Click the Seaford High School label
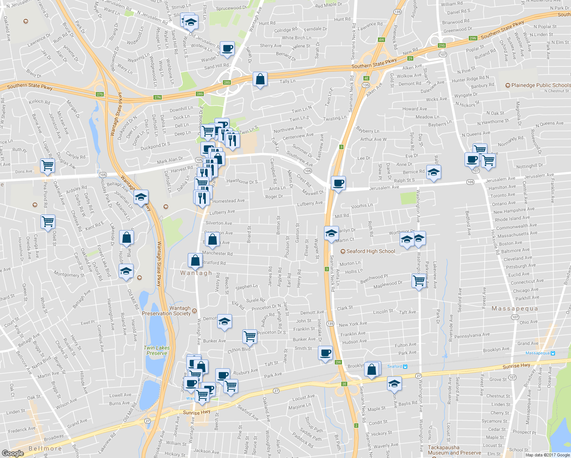click(x=370, y=251)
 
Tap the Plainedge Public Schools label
click(x=540, y=85)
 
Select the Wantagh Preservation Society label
click(x=166, y=311)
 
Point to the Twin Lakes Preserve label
click(x=156, y=350)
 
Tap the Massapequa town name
click(x=515, y=308)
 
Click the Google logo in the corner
click(x=13, y=453)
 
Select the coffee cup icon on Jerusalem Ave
click(x=338, y=183)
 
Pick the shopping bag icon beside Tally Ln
click(x=260, y=79)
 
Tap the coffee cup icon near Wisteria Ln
click(x=227, y=48)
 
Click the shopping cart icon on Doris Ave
click(x=48, y=166)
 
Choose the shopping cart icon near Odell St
click(x=48, y=221)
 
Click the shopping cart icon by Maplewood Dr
click(x=419, y=281)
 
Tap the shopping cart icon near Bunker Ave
click(x=250, y=336)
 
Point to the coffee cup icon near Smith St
click(x=325, y=353)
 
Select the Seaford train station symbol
click(x=405, y=366)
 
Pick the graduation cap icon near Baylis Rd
click(x=394, y=383)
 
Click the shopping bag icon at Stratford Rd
click(x=195, y=260)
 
